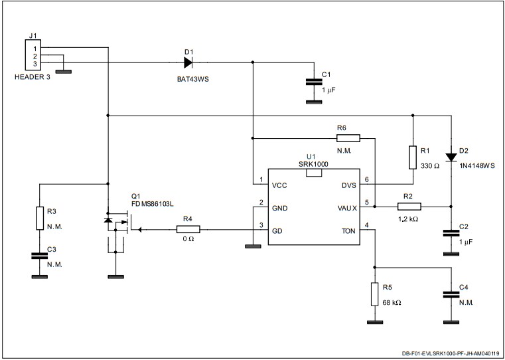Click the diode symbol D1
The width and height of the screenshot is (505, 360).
[x=188, y=63]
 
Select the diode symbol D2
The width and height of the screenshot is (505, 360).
[x=451, y=157]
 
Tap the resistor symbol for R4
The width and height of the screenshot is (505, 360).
[x=188, y=229]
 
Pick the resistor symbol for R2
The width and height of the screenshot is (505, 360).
[x=408, y=206]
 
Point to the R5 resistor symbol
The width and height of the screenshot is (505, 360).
[x=375, y=294]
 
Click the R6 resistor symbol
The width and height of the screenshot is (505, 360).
[x=348, y=138]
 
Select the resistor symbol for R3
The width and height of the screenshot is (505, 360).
[x=39, y=219]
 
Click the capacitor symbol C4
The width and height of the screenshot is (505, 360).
[x=451, y=294]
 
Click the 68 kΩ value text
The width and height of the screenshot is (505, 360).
[x=391, y=302]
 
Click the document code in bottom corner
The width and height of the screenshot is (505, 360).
[x=450, y=354]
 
